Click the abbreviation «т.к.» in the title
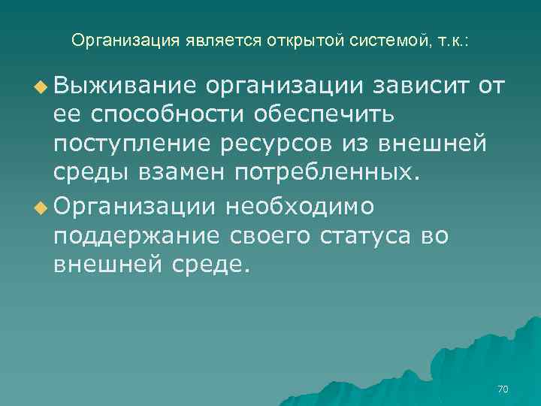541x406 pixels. (450, 41)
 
